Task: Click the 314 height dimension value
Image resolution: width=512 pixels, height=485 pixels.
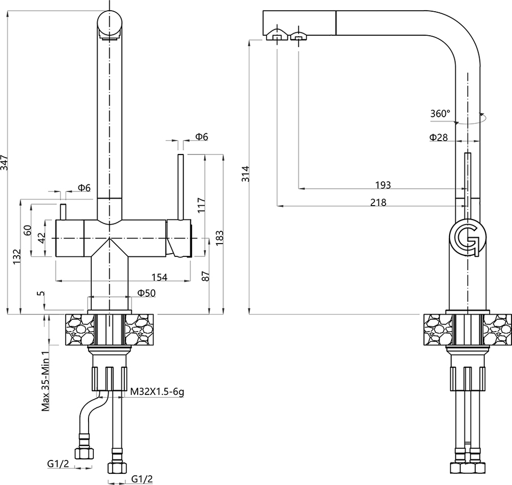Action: (x=245, y=174)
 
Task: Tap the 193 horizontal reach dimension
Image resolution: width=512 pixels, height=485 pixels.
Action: (x=383, y=185)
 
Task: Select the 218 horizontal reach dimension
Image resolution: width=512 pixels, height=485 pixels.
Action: (x=378, y=202)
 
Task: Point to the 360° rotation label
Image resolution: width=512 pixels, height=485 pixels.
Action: (x=440, y=113)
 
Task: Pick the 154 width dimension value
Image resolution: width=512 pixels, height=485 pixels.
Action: (x=159, y=277)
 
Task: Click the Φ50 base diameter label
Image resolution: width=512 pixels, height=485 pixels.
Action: (x=146, y=293)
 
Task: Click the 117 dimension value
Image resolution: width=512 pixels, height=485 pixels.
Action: (x=201, y=204)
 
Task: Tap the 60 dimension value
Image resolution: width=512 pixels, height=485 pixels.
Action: (x=28, y=231)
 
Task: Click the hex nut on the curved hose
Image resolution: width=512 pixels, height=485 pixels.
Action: (x=84, y=453)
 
